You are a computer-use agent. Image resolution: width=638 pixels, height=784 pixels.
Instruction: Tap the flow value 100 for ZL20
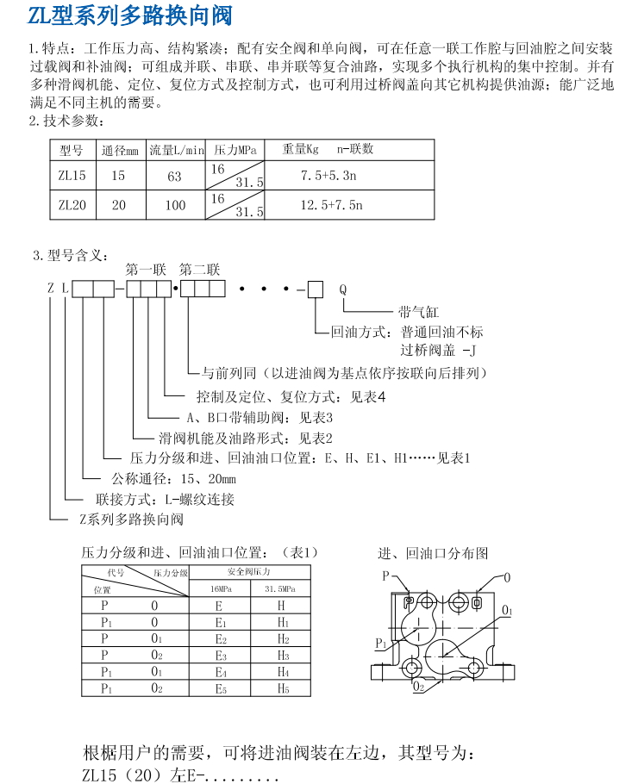click(x=174, y=205)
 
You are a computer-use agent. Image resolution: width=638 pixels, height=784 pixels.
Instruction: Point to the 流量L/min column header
click(x=176, y=148)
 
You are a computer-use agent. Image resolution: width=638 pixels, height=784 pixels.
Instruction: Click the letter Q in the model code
click(x=342, y=289)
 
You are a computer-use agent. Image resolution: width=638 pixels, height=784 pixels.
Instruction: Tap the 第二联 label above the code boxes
click(x=200, y=269)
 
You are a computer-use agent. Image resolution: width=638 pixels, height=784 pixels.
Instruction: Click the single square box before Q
click(x=316, y=289)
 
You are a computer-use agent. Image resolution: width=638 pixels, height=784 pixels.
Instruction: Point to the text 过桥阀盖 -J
click(x=437, y=351)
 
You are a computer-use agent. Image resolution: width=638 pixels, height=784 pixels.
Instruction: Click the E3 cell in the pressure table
click(x=220, y=655)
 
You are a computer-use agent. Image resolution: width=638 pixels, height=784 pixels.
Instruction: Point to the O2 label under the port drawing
click(x=418, y=687)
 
